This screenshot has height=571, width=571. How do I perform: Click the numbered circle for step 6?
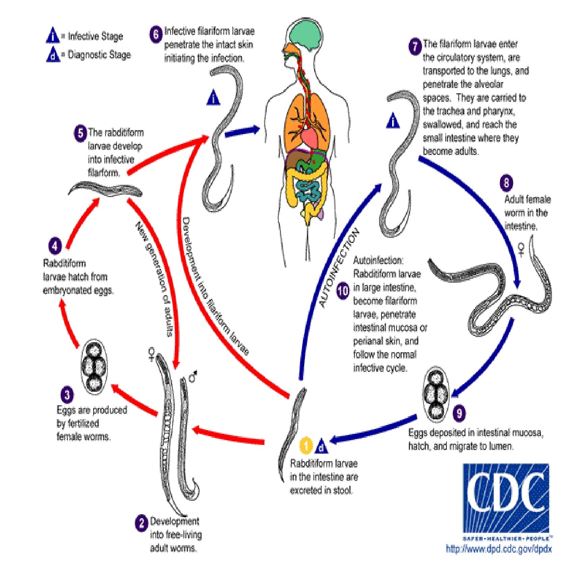(x=156, y=34)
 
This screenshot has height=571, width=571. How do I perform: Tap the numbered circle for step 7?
(x=415, y=47)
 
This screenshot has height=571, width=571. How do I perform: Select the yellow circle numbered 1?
(x=306, y=446)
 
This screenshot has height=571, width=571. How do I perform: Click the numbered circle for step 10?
(x=343, y=291)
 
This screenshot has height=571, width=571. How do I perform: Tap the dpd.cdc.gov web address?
(x=498, y=549)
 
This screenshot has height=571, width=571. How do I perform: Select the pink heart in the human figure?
(x=312, y=137)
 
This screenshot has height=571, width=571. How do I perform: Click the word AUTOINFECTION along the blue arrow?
(x=339, y=268)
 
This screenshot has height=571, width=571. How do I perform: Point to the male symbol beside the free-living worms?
(x=193, y=377)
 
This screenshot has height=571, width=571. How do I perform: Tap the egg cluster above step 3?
(x=94, y=367)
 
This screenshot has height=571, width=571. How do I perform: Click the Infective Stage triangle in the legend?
(x=53, y=36)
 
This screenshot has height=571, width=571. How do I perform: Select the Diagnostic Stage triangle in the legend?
(x=53, y=55)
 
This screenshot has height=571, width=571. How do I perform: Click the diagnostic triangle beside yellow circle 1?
(x=322, y=447)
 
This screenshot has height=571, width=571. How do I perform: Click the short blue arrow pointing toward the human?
(x=242, y=132)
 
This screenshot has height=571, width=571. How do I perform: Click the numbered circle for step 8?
(x=506, y=183)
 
